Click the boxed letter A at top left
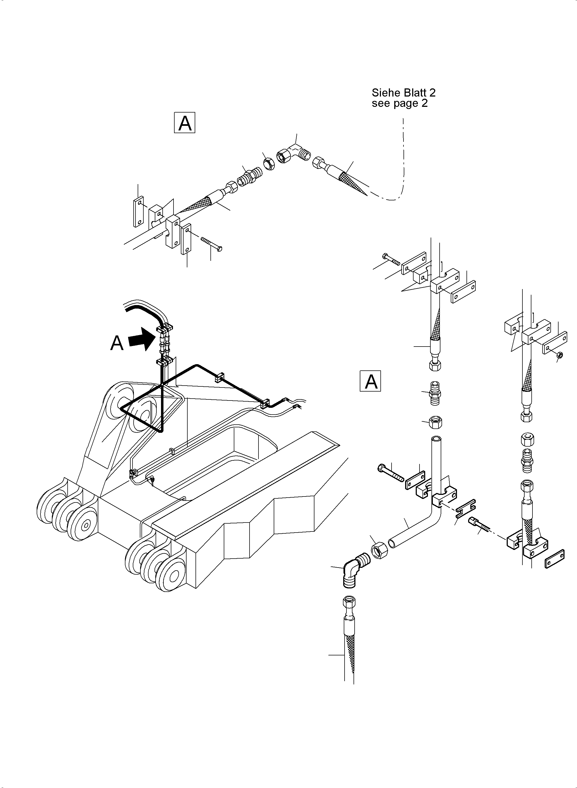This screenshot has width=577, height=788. (x=184, y=123)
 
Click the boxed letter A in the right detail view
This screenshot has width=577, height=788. (x=370, y=381)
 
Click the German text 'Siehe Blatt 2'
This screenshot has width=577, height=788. (x=403, y=93)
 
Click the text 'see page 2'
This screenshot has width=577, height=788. (x=400, y=103)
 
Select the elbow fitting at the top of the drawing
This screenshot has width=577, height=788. (x=294, y=153)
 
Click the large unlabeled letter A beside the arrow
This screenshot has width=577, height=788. (x=117, y=343)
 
